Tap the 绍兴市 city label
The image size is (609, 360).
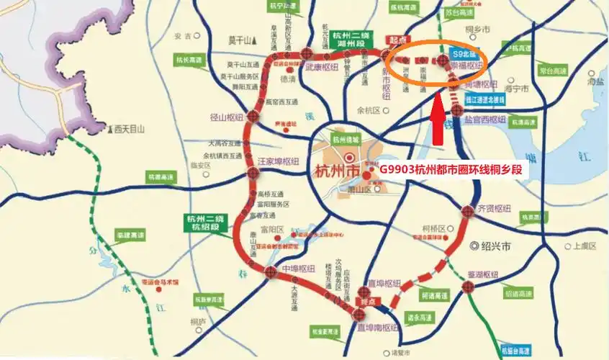pyautogui.click(x=492, y=246)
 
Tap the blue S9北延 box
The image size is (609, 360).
pyautogui.click(x=461, y=53)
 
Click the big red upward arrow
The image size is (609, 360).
pyautogui.click(x=436, y=122)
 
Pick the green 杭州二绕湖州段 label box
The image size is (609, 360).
pyautogui.click(x=354, y=38)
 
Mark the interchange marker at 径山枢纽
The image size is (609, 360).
pyautogui.click(x=254, y=116)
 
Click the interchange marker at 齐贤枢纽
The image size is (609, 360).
pyautogui.click(x=468, y=210)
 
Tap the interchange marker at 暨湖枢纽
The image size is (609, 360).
pyautogui.click(x=469, y=287)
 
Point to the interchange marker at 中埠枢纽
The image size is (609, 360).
pyautogui.click(x=270, y=271)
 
